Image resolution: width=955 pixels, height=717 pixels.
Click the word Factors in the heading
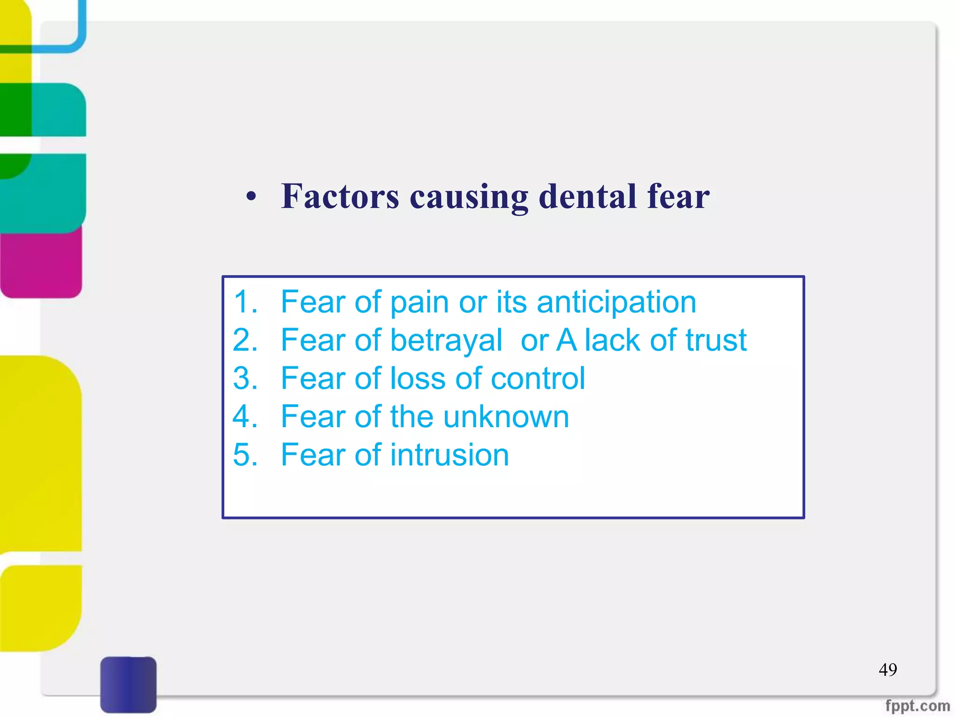pyautogui.click(x=340, y=197)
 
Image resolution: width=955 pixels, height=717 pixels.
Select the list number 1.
pyautogui.click(x=245, y=302)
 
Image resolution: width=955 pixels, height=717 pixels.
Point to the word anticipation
pyautogui.click(x=616, y=303)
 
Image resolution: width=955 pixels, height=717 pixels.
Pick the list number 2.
pyautogui.click(x=245, y=340)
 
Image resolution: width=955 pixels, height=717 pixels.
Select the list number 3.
pyautogui.click(x=245, y=379)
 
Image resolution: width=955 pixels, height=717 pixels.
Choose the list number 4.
pyautogui.click(x=245, y=417)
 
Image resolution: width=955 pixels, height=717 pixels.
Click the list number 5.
pyautogui.click(x=245, y=455)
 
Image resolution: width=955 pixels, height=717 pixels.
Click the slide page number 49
pyautogui.click(x=887, y=670)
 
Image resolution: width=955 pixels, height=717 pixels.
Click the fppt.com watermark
pyautogui.click(x=917, y=706)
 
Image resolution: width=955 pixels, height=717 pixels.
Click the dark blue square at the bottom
pyautogui.click(x=128, y=684)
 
